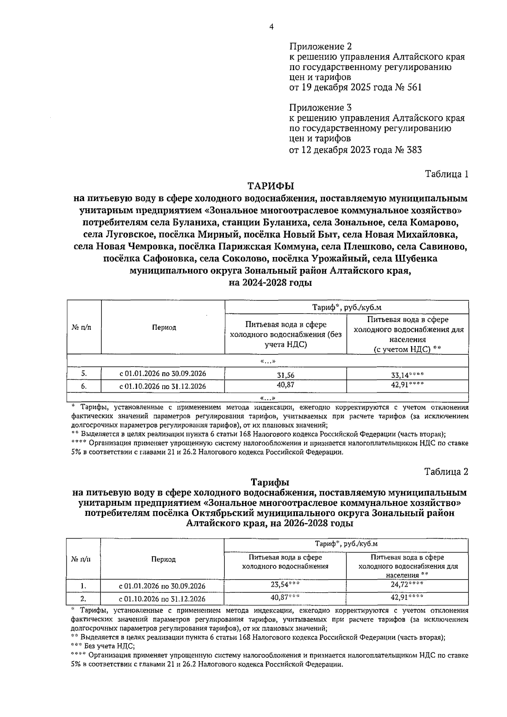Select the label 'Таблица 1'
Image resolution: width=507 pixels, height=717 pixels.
pos(447,174)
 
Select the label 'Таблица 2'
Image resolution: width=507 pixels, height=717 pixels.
pos(447,472)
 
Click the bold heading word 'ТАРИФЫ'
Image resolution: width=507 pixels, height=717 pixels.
pos(270,186)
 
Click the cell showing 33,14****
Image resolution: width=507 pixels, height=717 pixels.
pos(407,374)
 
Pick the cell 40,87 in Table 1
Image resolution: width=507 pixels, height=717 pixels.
pos(286,385)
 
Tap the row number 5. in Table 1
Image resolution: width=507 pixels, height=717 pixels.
pos(84,374)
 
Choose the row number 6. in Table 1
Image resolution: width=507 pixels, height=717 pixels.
pos(84,386)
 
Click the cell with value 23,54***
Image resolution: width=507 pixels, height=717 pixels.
pos(285,585)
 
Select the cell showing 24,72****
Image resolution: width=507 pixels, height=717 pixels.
pos(407,585)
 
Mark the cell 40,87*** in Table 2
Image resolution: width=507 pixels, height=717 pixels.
pos(285,597)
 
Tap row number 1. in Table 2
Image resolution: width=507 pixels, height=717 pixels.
pos(84,586)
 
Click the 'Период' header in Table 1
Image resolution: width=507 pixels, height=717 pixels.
pos(164,328)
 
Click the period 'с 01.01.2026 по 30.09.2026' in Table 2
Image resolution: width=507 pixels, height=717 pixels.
pos(162,586)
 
